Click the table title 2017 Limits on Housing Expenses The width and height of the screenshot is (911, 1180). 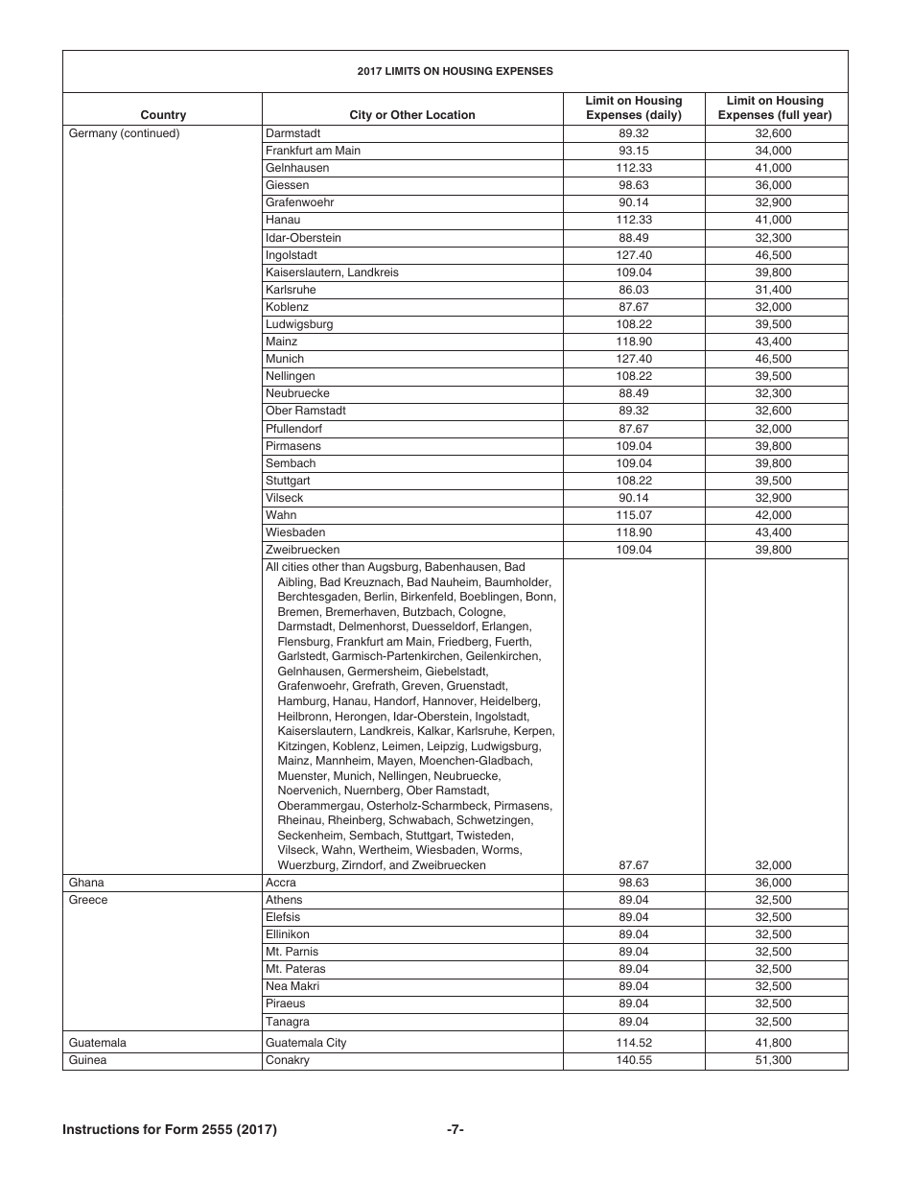tap(455, 71)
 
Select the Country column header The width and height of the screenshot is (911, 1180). tap(163, 115)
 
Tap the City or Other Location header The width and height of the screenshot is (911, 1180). tap(412, 115)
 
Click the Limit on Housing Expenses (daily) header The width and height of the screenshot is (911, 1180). tap(634, 107)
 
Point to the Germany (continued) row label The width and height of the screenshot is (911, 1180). tap(125, 133)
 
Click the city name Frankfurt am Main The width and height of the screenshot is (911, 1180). tap(314, 151)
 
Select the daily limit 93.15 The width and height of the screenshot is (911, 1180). tap(634, 151)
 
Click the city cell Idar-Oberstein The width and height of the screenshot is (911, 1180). tap(303, 238)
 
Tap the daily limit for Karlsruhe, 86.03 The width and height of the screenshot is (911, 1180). tap(634, 290)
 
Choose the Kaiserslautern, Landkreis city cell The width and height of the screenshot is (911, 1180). tap(332, 272)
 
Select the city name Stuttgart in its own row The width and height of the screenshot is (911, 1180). tap(288, 481)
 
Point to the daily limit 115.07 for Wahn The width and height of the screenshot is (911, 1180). tap(634, 515)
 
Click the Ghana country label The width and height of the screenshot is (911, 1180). tap(86, 883)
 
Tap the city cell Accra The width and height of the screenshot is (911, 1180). tap(281, 883)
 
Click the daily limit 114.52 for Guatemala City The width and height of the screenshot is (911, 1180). tap(634, 1043)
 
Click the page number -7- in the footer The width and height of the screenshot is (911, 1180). tap(455, 1130)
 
